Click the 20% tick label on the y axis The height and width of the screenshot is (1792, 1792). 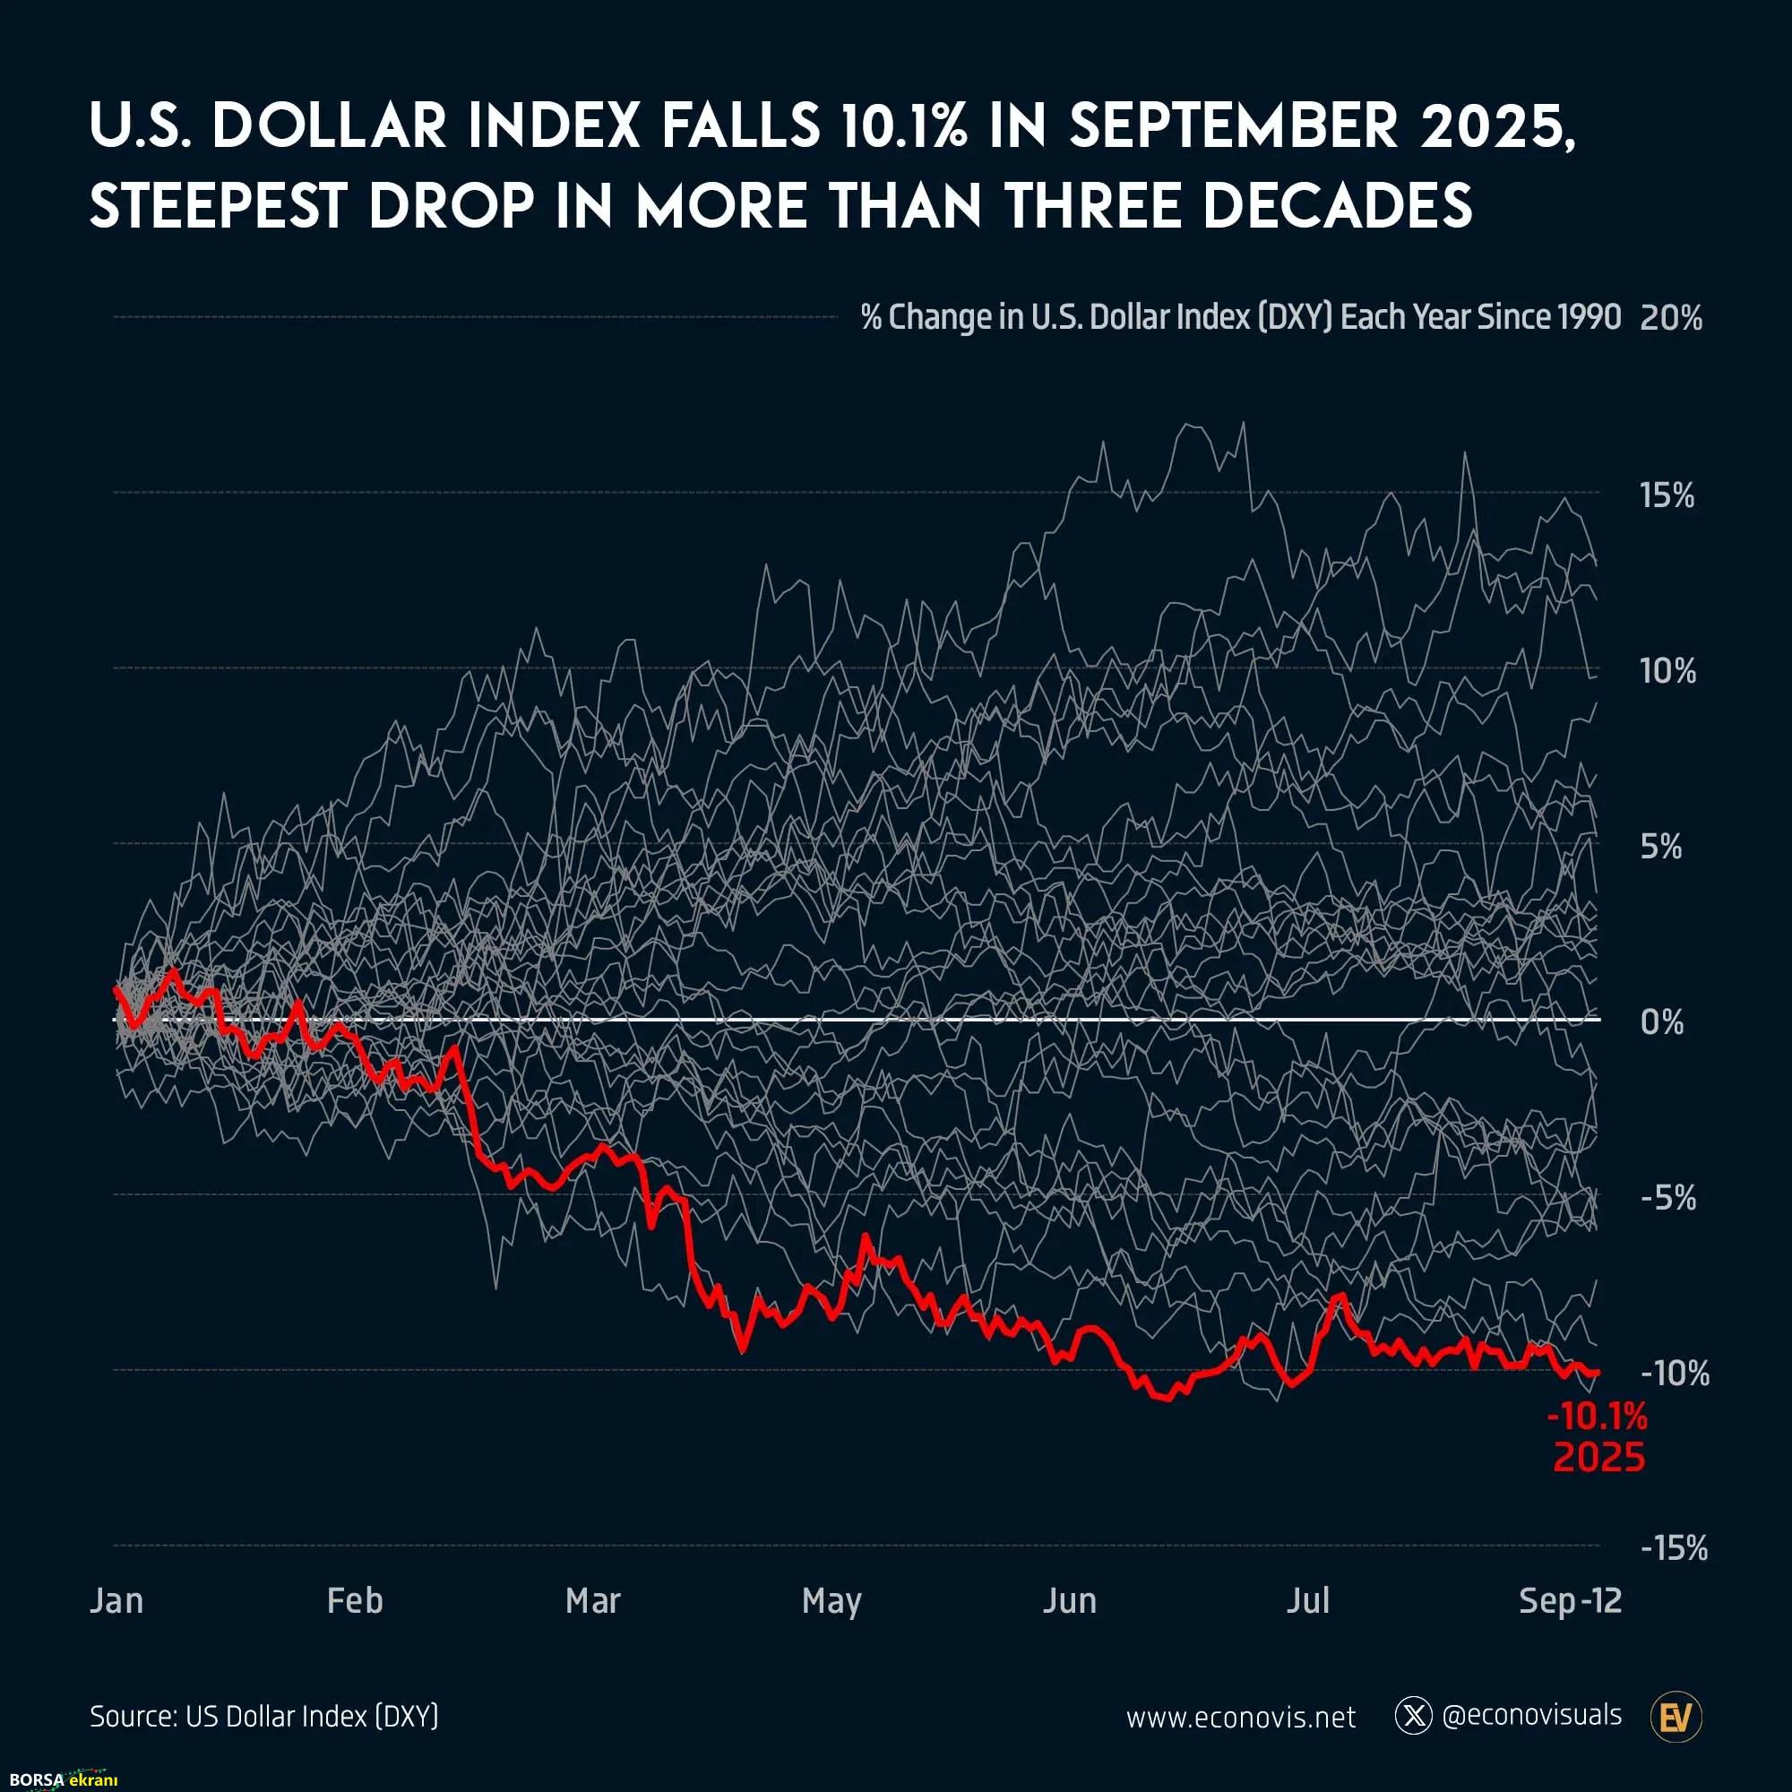(x=1670, y=319)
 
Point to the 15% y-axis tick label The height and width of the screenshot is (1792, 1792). (x=1667, y=496)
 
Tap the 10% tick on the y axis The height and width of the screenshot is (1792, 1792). (x=1667, y=671)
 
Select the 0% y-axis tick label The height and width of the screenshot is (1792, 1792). (x=1662, y=1022)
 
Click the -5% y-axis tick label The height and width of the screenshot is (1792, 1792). (x=1667, y=1198)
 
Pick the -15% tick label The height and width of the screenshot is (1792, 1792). (x=1673, y=1549)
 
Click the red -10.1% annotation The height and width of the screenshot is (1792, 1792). (x=1598, y=1417)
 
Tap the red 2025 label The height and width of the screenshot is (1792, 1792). (x=1599, y=1458)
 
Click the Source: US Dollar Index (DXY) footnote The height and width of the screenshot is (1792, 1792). (x=264, y=1717)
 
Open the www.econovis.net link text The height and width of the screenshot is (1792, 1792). (x=1241, y=1718)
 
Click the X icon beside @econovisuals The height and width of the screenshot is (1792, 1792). (x=1414, y=1717)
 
